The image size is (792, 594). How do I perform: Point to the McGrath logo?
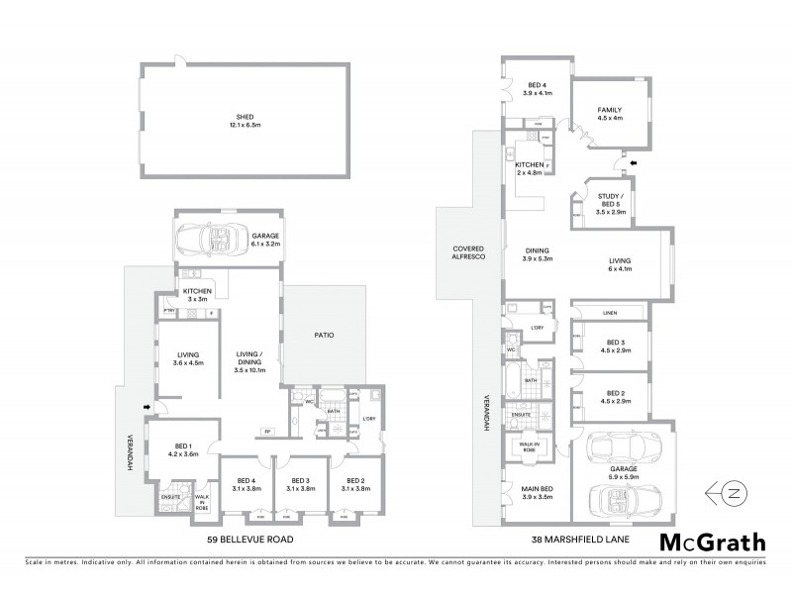pyautogui.click(x=710, y=542)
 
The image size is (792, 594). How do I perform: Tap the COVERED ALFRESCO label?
pyautogui.click(x=467, y=252)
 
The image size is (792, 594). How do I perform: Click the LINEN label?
pyautogui.click(x=610, y=315)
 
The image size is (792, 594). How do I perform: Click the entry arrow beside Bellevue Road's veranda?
pyautogui.click(x=148, y=406)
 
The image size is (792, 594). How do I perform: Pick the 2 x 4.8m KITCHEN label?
pyautogui.click(x=530, y=168)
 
